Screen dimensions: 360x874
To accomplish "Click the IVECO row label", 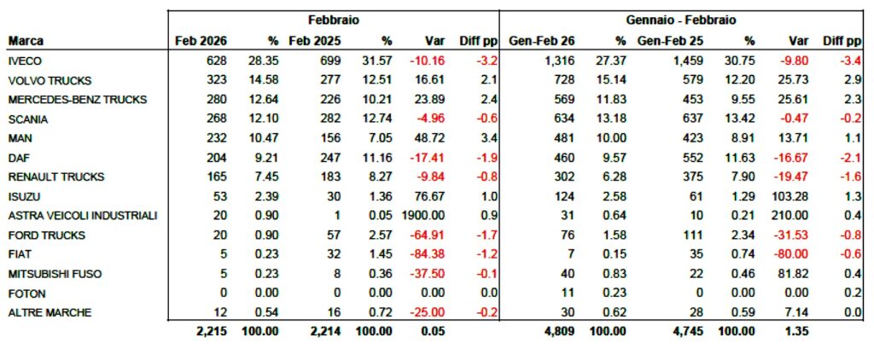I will click(x=24, y=61).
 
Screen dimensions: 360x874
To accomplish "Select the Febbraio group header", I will click(x=334, y=19).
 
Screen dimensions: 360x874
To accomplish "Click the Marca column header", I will click(x=26, y=41).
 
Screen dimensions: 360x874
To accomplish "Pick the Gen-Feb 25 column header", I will click(x=670, y=41).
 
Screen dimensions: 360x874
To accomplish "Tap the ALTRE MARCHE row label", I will click(x=44, y=312).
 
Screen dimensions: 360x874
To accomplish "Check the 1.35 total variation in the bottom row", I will click(x=795, y=331).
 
